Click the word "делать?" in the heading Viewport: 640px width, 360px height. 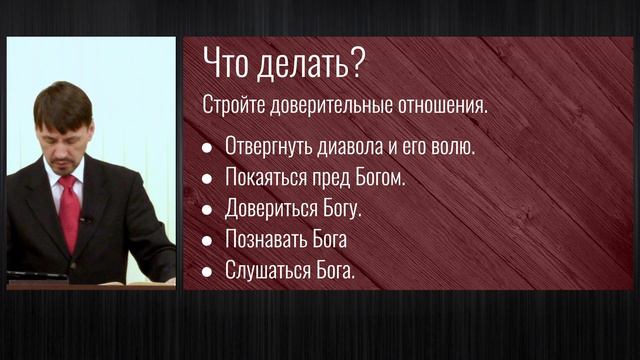click(x=304, y=66)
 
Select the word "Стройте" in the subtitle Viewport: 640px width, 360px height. click(x=231, y=105)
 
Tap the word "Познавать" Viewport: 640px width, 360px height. click(x=266, y=241)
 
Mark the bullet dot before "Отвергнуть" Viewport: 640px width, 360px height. click(x=207, y=147)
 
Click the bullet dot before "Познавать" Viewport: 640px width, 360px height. click(x=207, y=242)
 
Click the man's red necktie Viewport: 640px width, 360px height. click(x=69, y=210)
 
